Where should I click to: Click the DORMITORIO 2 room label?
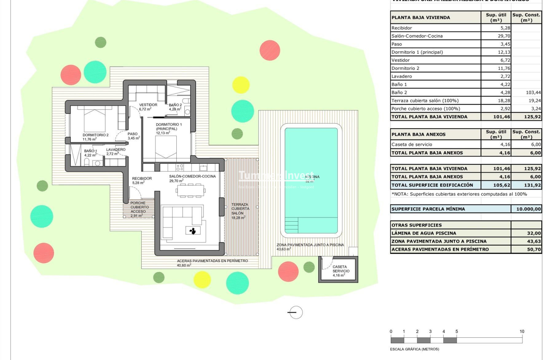click(96, 135)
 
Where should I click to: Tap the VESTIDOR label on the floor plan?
click(148, 105)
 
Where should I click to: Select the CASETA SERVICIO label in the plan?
click(339, 269)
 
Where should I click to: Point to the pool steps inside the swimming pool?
click(292, 225)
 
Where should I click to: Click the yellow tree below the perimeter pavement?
click(202, 280)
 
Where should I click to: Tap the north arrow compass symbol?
click(296, 312)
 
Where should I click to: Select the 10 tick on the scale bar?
click(522, 332)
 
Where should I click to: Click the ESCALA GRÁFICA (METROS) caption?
click(414, 349)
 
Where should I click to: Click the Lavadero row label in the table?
click(402, 76)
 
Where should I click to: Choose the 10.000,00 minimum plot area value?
click(527, 209)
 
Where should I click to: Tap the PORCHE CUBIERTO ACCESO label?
click(138, 207)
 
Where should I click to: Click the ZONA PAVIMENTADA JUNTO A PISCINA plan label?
click(310, 245)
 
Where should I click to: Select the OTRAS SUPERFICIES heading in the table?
click(411, 225)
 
